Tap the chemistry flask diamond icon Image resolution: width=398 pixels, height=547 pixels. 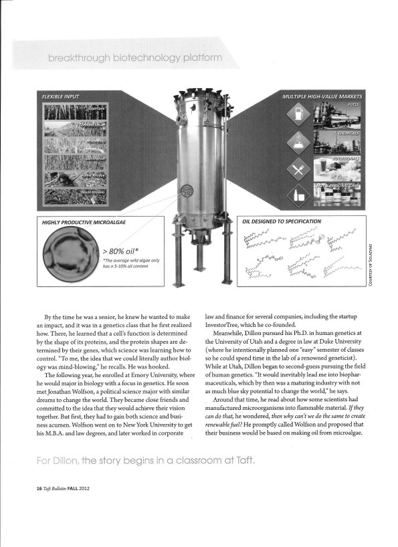point(295,142)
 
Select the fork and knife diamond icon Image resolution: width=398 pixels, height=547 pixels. point(295,170)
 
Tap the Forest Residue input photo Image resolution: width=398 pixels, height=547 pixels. point(71,179)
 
